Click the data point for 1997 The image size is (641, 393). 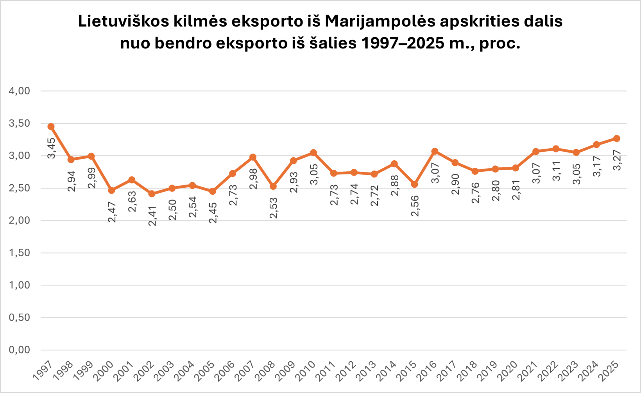click(51, 127)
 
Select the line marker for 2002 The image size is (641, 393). click(152, 194)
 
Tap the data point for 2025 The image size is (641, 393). click(617, 138)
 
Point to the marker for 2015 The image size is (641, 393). click(415, 184)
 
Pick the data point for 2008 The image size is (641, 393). click(273, 186)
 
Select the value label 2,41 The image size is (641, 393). click(152, 216)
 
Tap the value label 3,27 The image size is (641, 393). click(617, 160)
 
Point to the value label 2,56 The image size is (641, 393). click(415, 206)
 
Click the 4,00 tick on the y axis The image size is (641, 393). click(19, 91)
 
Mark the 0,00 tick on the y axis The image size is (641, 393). click(19, 350)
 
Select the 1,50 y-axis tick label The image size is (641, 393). click(19, 253)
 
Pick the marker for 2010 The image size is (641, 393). click(313, 153)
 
